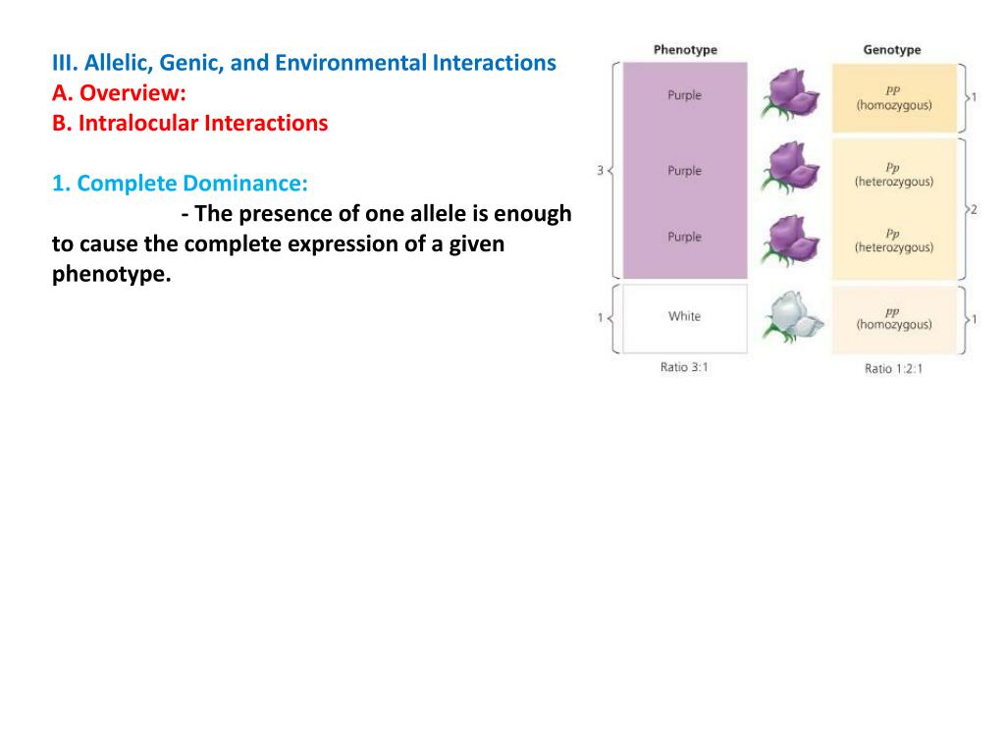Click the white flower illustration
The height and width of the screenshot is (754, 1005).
tap(796, 316)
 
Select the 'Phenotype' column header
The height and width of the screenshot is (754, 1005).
tap(685, 50)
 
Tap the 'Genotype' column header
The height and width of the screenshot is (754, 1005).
tap(892, 50)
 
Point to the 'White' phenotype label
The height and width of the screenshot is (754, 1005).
tap(684, 316)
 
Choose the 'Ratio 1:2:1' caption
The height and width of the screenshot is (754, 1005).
tap(893, 369)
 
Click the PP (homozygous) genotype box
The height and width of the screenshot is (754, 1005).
tap(893, 97)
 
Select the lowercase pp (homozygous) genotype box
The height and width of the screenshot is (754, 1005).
tap(893, 318)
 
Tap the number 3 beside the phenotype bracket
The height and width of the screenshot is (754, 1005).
tap(600, 171)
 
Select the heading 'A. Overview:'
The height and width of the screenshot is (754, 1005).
tap(119, 93)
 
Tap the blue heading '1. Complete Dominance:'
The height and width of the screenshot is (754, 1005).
tap(180, 184)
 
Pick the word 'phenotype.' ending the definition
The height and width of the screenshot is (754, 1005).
tap(111, 274)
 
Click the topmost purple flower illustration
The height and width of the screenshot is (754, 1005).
tap(795, 94)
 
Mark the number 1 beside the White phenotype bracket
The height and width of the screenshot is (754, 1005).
tap(600, 318)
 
